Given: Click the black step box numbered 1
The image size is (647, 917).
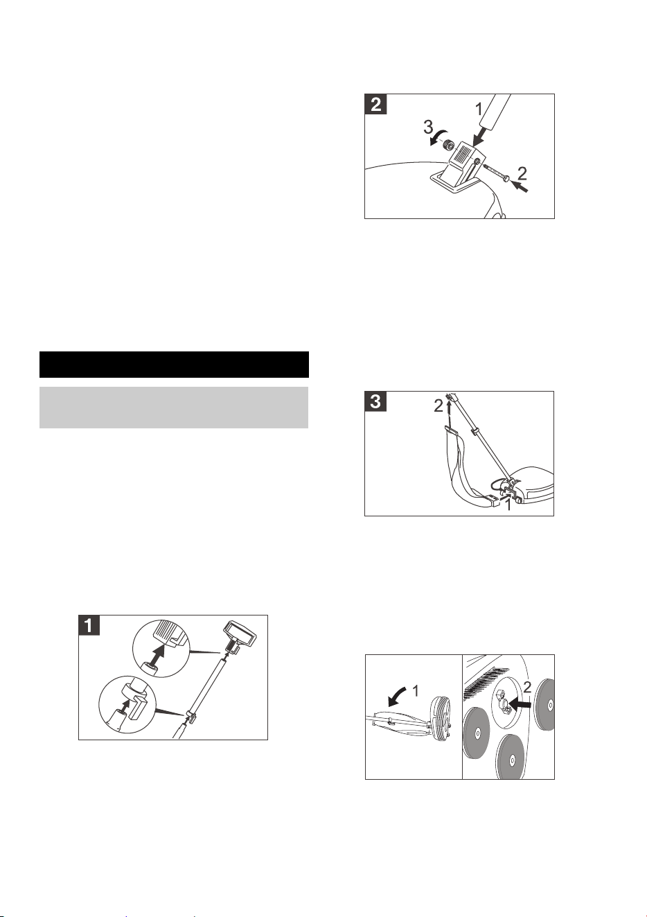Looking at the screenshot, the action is [x=89, y=625].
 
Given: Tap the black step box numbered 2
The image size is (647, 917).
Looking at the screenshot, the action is [x=375, y=104].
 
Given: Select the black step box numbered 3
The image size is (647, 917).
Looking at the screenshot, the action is [x=375, y=401].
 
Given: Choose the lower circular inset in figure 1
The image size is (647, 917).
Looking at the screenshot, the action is [x=127, y=705].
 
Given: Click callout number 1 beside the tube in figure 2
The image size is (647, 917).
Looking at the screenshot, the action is [x=479, y=110].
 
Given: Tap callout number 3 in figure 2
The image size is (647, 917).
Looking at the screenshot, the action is [x=428, y=128].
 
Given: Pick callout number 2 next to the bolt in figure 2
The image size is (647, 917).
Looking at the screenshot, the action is [x=522, y=174].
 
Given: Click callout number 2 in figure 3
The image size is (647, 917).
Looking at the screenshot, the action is [x=438, y=405].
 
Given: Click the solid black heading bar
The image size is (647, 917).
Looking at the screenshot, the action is [x=174, y=365].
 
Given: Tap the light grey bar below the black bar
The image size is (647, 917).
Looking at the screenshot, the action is [x=174, y=408].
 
